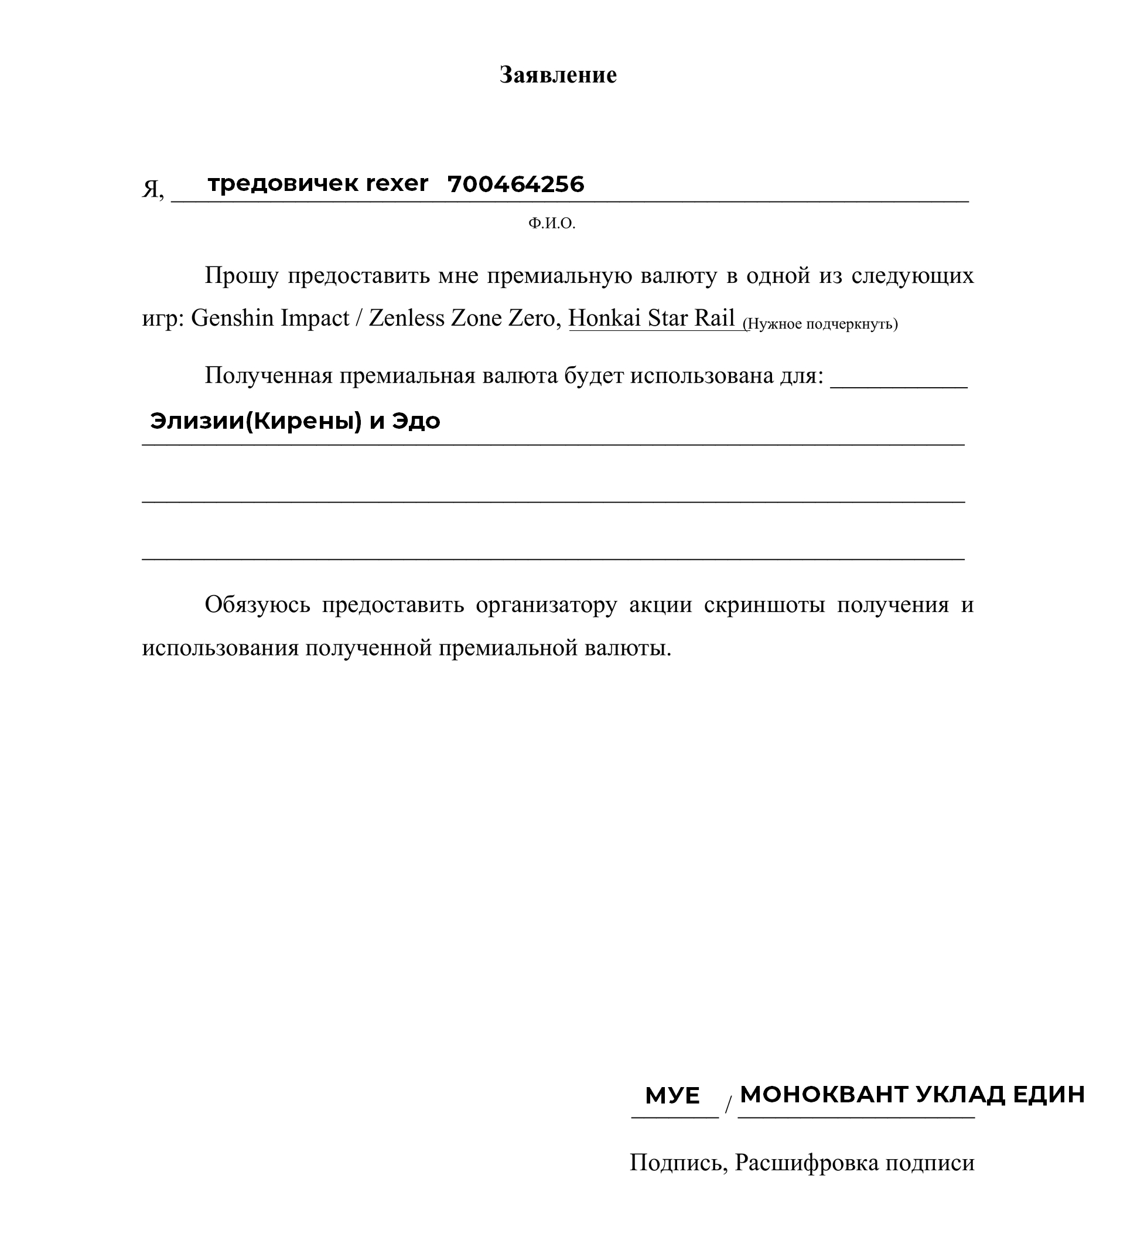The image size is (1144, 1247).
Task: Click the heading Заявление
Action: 558,75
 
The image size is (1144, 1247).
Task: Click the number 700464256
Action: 515,185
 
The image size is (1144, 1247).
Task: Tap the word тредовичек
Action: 283,184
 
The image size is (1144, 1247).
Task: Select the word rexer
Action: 397,184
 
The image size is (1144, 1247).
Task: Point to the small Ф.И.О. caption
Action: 552,224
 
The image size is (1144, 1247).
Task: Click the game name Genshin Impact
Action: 270,318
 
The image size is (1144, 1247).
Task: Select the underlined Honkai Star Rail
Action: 652,318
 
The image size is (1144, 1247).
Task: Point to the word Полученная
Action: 269,375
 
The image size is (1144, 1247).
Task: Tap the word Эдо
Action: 416,422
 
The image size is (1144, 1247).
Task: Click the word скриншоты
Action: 764,604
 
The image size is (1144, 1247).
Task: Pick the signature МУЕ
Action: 672,1096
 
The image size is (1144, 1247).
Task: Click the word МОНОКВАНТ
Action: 824,1095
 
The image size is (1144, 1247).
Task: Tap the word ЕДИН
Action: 1049,1095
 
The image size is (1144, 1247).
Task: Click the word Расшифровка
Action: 807,1163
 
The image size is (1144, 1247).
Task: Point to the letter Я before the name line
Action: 151,189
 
